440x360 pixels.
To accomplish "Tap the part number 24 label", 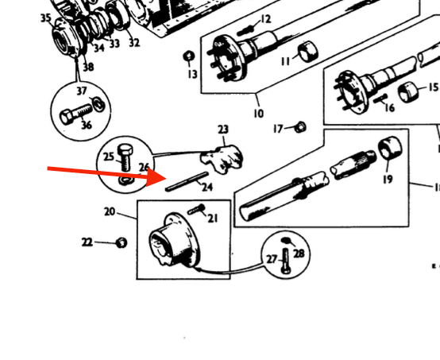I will click(x=207, y=188).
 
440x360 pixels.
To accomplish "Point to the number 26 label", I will click(x=145, y=166).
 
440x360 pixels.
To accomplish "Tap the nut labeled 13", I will click(x=190, y=56).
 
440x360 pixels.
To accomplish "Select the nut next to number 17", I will click(x=301, y=126).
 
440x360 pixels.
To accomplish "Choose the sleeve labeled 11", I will click(x=307, y=54).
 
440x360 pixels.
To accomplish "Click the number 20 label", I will click(x=109, y=211).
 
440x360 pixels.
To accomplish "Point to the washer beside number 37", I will click(x=97, y=102).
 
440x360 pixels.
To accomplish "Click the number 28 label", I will click(x=299, y=253).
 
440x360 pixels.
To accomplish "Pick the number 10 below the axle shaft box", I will click(x=258, y=114).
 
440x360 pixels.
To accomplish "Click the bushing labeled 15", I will click(x=411, y=92).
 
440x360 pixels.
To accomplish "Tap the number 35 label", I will click(x=45, y=17).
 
